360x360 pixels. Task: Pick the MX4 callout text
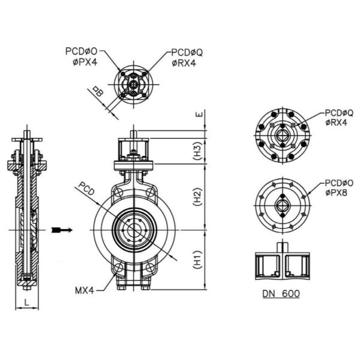(86, 290)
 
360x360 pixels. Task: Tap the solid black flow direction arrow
(61, 230)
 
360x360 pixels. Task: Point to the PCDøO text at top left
(82, 52)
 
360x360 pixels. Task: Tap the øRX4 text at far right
(335, 122)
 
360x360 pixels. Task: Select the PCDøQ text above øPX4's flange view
(187, 52)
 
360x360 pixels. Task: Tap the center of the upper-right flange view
(282, 136)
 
